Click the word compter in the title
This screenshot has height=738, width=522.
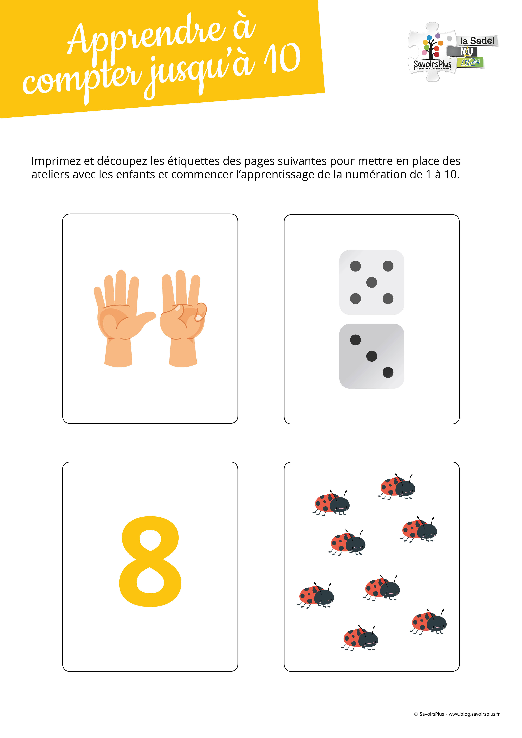(x=82, y=79)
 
